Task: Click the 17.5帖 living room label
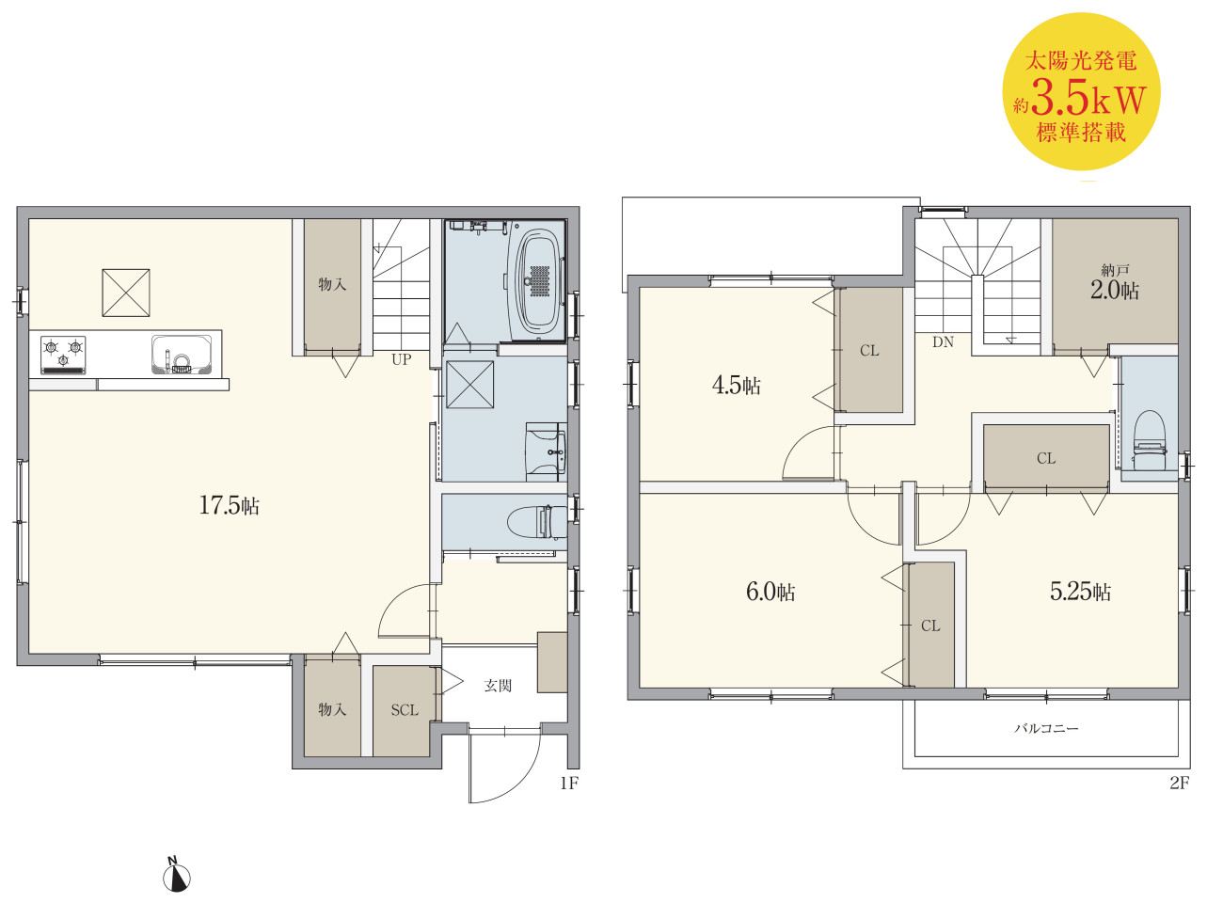229,505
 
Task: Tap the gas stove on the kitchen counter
63,355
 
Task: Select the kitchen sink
182,355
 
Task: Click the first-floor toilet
536,521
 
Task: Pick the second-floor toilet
1149,439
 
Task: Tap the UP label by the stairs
401,359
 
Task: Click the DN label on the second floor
943,341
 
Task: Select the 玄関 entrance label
498,686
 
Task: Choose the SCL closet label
405,710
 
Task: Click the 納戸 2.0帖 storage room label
1115,281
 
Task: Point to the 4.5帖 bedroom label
736,385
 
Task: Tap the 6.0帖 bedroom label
770,592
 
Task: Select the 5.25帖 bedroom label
1080,591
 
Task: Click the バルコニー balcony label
1046,729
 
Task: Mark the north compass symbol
177,875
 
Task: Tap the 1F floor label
569,783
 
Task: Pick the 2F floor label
1180,783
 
